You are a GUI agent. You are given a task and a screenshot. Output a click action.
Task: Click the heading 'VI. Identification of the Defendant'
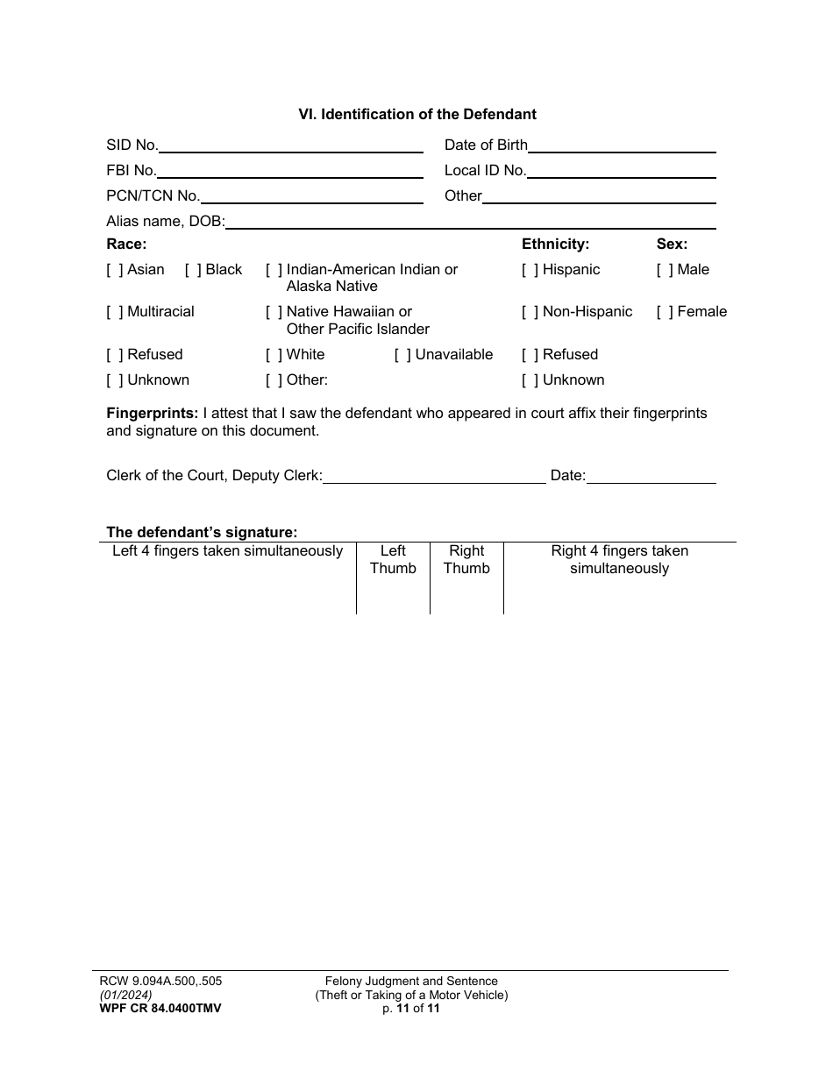pos(416,114)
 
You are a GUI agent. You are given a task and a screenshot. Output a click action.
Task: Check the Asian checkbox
pos(115,270)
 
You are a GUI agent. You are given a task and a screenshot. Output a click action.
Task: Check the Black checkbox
pos(193,270)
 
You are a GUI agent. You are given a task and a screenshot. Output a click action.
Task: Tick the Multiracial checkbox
pos(115,312)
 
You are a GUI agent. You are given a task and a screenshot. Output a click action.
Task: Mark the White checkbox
pos(274,355)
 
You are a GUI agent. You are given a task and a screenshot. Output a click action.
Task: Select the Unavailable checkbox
pos(402,355)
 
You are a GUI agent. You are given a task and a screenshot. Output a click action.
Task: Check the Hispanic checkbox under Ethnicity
pos(530,270)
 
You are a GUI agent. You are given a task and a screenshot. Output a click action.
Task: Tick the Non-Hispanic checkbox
pos(530,312)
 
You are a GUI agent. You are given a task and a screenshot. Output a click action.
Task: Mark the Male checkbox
pos(665,270)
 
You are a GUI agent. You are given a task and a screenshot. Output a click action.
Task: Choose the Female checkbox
pos(665,312)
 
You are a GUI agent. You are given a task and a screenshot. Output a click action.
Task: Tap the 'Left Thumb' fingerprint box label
pos(393,559)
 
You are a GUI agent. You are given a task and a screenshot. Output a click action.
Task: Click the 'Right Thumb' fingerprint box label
pos(466,559)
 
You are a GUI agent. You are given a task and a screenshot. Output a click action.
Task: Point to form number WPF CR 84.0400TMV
pos(160,1009)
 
